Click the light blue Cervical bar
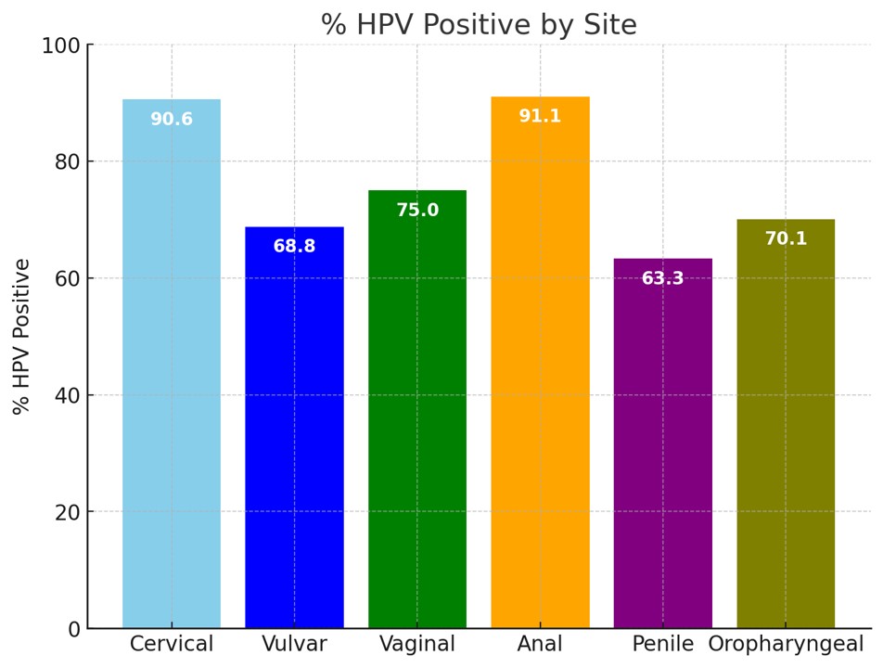click(172, 371)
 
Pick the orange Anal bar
click(540, 371)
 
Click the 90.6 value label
click(172, 120)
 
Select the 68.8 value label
click(294, 247)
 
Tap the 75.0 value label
click(417, 211)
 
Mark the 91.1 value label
click(540, 117)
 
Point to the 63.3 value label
click(663, 278)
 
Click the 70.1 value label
click(786, 239)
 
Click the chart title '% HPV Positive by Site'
click(479, 24)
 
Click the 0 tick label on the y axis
click(74, 630)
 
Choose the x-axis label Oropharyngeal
click(786, 645)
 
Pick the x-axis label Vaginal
click(417, 645)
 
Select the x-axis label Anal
click(540, 645)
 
